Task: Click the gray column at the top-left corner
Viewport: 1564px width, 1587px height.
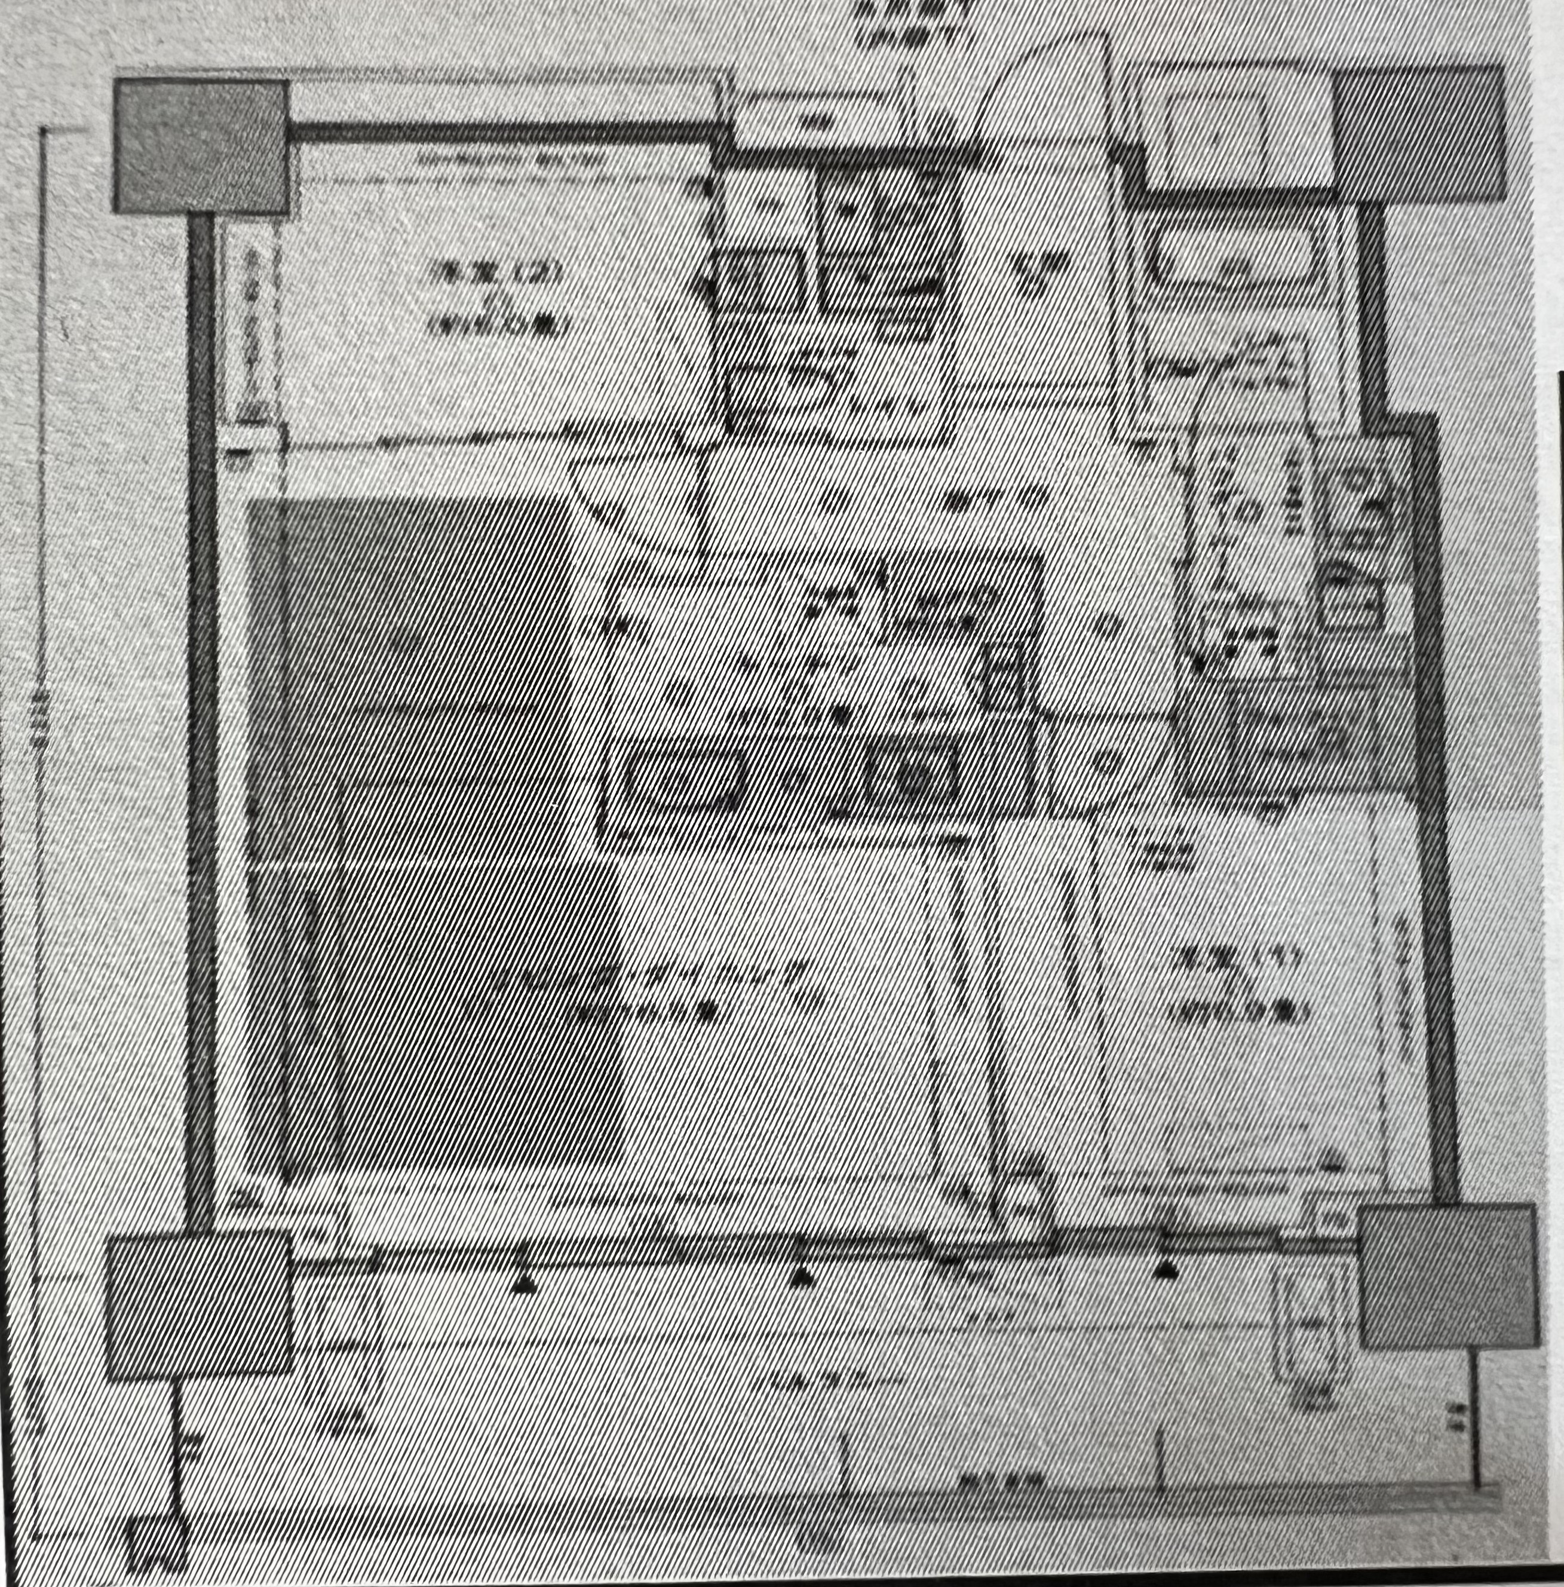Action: [201, 146]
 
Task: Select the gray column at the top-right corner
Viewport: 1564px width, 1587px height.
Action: [1419, 134]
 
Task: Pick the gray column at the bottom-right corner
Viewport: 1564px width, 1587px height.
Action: [1448, 1276]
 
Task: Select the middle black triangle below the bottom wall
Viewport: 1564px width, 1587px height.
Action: [801, 1276]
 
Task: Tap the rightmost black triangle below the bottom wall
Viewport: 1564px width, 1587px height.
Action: [1165, 1269]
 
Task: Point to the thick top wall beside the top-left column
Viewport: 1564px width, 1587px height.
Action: [501, 131]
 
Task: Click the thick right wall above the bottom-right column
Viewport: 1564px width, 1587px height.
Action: [1433, 822]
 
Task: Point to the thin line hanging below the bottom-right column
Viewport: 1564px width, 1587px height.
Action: [1474, 1421]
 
